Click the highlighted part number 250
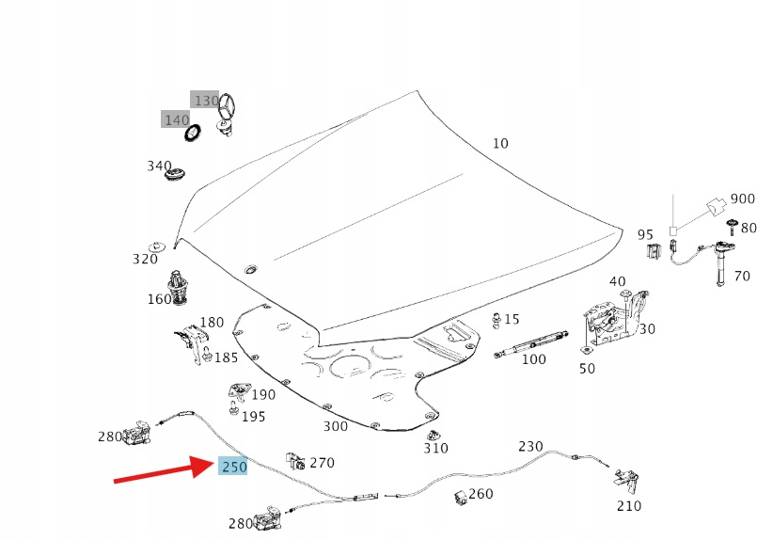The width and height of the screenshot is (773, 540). point(233,466)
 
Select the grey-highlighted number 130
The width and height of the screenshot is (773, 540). point(205,100)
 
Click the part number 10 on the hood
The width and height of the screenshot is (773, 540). point(500,143)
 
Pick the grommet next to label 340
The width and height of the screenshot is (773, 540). point(176,173)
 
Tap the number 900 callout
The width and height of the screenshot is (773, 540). point(743,199)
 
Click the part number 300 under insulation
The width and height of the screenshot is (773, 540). point(336,426)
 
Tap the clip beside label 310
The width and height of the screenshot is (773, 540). point(433,436)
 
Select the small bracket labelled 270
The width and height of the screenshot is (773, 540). point(295,460)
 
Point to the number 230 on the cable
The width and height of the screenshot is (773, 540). point(530,446)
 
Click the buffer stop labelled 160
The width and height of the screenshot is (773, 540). point(179,286)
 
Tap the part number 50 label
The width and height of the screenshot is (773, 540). point(587,369)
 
